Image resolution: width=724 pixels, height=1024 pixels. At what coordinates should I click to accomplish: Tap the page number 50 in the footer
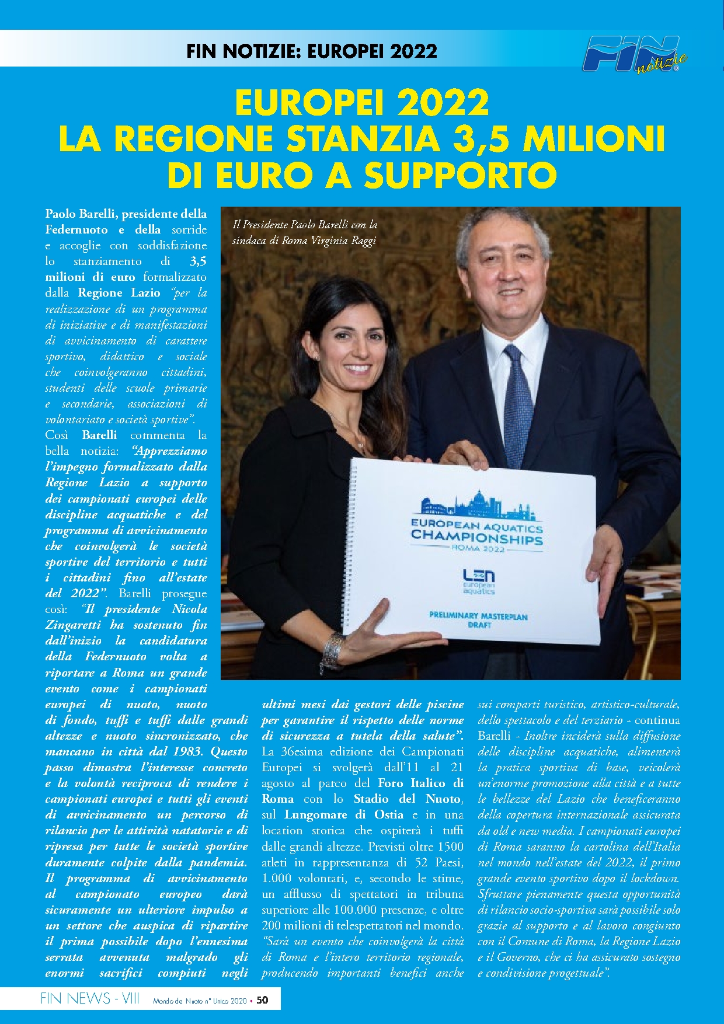pos(263,999)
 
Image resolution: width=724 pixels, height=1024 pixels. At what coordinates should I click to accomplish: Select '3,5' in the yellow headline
pos(483,138)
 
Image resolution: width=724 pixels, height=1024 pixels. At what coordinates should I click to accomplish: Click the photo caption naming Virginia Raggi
pos(304,232)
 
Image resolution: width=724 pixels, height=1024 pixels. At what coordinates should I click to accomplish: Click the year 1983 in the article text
pos(182,751)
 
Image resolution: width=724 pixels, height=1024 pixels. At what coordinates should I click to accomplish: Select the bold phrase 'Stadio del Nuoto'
pos(408,799)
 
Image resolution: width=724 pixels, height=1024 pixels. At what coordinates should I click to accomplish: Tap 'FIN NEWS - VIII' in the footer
pos(89,999)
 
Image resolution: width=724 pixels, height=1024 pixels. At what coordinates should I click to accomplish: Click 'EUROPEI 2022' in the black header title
pos(372,51)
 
